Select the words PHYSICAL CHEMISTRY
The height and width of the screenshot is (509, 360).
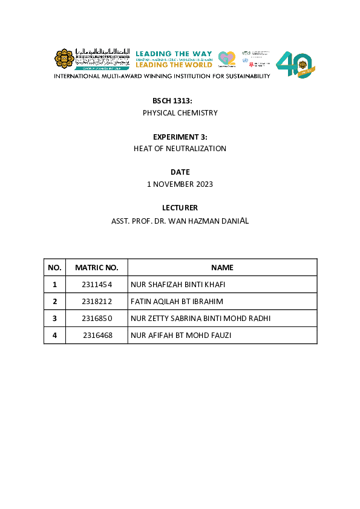coord(180,113)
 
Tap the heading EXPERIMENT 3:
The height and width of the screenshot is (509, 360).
coord(180,137)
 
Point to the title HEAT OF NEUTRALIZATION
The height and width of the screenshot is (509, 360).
coord(180,149)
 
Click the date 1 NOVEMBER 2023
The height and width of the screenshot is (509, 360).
coord(180,184)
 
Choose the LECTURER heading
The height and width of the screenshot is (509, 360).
coord(180,208)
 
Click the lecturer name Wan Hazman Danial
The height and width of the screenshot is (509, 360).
coord(206,221)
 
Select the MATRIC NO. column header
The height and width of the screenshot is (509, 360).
coord(97,268)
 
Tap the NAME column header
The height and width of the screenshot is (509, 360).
coord(222,268)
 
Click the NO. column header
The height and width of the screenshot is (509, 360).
coord(54,268)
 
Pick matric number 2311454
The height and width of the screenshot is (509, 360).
coord(97,285)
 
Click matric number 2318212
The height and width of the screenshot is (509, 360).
coord(97,302)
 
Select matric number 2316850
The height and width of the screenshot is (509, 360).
coord(97,319)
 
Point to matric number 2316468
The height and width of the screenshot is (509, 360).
coord(97,336)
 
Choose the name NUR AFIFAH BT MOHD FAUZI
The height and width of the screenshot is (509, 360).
coord(181,336)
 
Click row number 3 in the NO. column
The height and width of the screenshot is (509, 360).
coord(54,319)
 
